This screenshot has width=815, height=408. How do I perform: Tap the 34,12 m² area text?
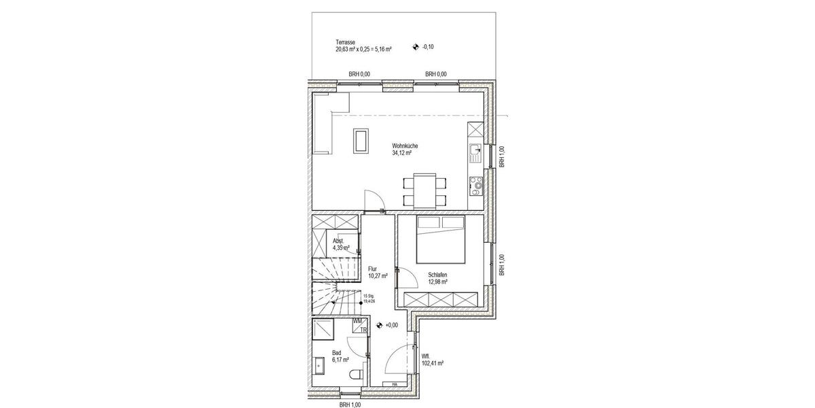pos(403,153)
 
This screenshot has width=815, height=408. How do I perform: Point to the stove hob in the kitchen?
pos(476,182)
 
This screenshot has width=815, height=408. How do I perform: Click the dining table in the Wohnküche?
pos(425,190)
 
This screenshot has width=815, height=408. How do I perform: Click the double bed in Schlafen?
pos(441,239)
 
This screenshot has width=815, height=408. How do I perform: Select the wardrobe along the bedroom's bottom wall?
pos(442,299)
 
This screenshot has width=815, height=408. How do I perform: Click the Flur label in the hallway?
pos(372,269)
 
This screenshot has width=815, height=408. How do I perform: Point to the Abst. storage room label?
pos(338,241)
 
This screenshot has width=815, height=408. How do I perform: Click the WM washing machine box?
pos(357,321)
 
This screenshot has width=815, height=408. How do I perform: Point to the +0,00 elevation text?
pos(391,326)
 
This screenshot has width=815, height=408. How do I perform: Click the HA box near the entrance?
pos(395,385)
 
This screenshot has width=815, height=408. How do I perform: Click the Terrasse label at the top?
pos(345,41)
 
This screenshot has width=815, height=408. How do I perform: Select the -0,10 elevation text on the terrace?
pos(428,47)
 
